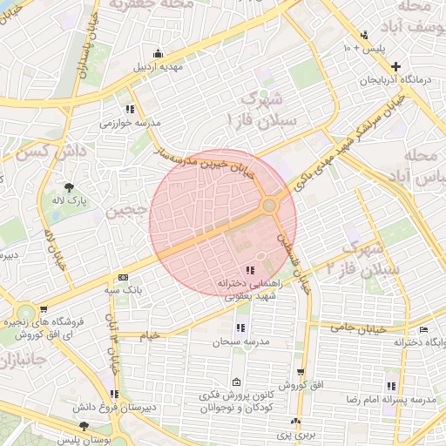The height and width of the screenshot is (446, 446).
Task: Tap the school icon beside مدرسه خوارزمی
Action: tap(130, 110)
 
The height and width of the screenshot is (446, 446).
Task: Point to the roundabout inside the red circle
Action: tap(270, 206)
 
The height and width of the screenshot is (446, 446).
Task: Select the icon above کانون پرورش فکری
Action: tap(236, 382)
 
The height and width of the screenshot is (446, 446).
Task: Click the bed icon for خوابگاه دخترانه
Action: tap(423, 329)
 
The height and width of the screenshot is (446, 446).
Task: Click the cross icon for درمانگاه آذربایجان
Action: tap(396, 66)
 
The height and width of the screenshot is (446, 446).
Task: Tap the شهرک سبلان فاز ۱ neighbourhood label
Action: tap(261, 108)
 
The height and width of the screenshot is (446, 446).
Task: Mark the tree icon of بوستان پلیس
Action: tap(83, 426)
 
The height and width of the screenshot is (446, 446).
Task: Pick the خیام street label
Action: tap(151, 335)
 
